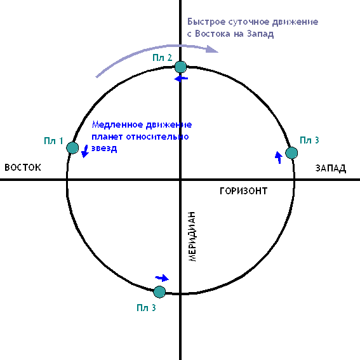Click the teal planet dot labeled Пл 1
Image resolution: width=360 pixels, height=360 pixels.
pos(72,148)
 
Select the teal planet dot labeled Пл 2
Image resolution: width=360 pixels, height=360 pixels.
pos(181,67)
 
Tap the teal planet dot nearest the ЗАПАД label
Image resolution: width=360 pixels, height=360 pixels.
pos(291,153)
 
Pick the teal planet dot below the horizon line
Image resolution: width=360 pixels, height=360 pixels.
pos(159,292)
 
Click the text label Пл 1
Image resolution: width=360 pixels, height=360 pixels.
pos(53,141)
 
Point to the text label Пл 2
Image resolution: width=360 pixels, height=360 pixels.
pos(163,57)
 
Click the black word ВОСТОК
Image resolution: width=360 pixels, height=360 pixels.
pos(23,168)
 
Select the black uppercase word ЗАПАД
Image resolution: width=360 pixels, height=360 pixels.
pos(331,168)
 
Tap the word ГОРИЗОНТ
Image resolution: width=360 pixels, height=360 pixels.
pos(244,190)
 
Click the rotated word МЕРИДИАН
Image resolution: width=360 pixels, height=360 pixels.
pos(192,237)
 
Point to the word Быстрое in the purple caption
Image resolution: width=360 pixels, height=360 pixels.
pos(206,22)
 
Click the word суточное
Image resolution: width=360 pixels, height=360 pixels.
pos(249,22)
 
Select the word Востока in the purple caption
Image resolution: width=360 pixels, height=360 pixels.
pos(213,34)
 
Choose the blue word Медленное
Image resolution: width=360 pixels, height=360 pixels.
pos(117,124)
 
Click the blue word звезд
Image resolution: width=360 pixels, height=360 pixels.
pos(104,149)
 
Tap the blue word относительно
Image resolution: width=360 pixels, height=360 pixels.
pos(157,137)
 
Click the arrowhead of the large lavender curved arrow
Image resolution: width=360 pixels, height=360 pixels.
pos(212,49)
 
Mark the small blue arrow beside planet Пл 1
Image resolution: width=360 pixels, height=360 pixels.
pos(85,151)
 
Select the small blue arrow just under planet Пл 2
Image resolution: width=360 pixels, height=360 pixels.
pos(181,79)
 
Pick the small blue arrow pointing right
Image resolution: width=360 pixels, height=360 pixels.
pos(162,278)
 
